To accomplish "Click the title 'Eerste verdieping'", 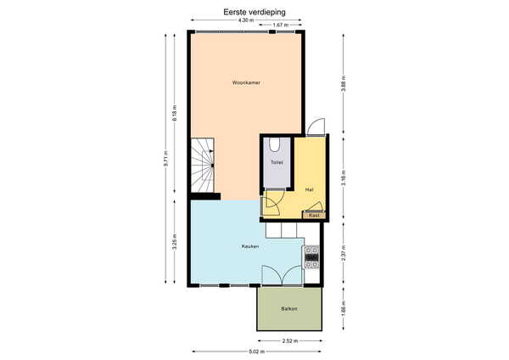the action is tap(255, 12).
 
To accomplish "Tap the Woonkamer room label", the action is tap(246, 83).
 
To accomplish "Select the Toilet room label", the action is tap(277, 162).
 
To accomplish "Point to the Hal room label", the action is tap(309, 189).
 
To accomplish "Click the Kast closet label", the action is tap(314, 215).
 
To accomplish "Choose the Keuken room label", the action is tap(250, 246).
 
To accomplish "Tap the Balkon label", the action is tap(289, 309).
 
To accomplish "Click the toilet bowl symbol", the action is tap(275, 145).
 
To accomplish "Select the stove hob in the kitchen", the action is tap(311, 257).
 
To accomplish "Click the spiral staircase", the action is tap(202, 166).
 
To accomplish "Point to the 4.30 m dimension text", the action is tap(246, 20).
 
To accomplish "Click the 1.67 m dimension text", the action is tap(281, 25).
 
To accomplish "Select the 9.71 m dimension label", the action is tap(166, 160).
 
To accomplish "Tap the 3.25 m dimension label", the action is tap(175, 242).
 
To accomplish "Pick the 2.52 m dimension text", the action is tap(290, 340).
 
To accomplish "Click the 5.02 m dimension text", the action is tap(257, 352).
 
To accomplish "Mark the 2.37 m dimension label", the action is tap(344, 252).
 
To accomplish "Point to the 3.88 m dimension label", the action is tap(344, 83).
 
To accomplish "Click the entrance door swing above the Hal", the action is tap(316, 127).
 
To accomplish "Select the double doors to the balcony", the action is tap(282, 275).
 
